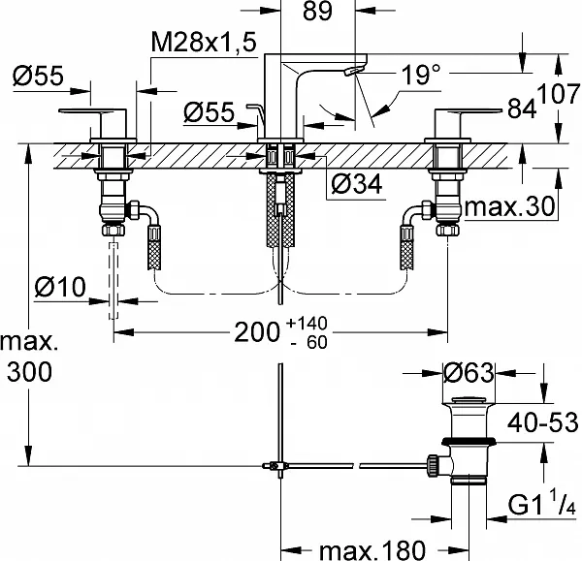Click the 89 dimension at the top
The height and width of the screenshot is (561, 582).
pyautogui.click(x=317, y=11)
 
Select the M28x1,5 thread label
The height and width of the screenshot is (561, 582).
pyautogui.click(x=204, y=42)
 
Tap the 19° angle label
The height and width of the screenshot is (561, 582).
pyautogui.click(x=421, y=75)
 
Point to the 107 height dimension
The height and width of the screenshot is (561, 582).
pyautogui.click(x=559, y=94)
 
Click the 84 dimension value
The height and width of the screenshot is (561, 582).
pyautogui.click(x=522, y=109)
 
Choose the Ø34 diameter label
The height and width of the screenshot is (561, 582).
pyautogui.click(x=356, y=184)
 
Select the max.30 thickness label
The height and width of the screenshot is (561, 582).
pyautogui.click(x=509, y=206)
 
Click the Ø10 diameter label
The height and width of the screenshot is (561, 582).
pyautogui.click(x=60, y=287)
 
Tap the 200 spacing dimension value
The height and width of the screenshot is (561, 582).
pyautogui.click(x=257, y=332)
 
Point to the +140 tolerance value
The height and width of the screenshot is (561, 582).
pyautogui.click(x=307, y=324)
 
